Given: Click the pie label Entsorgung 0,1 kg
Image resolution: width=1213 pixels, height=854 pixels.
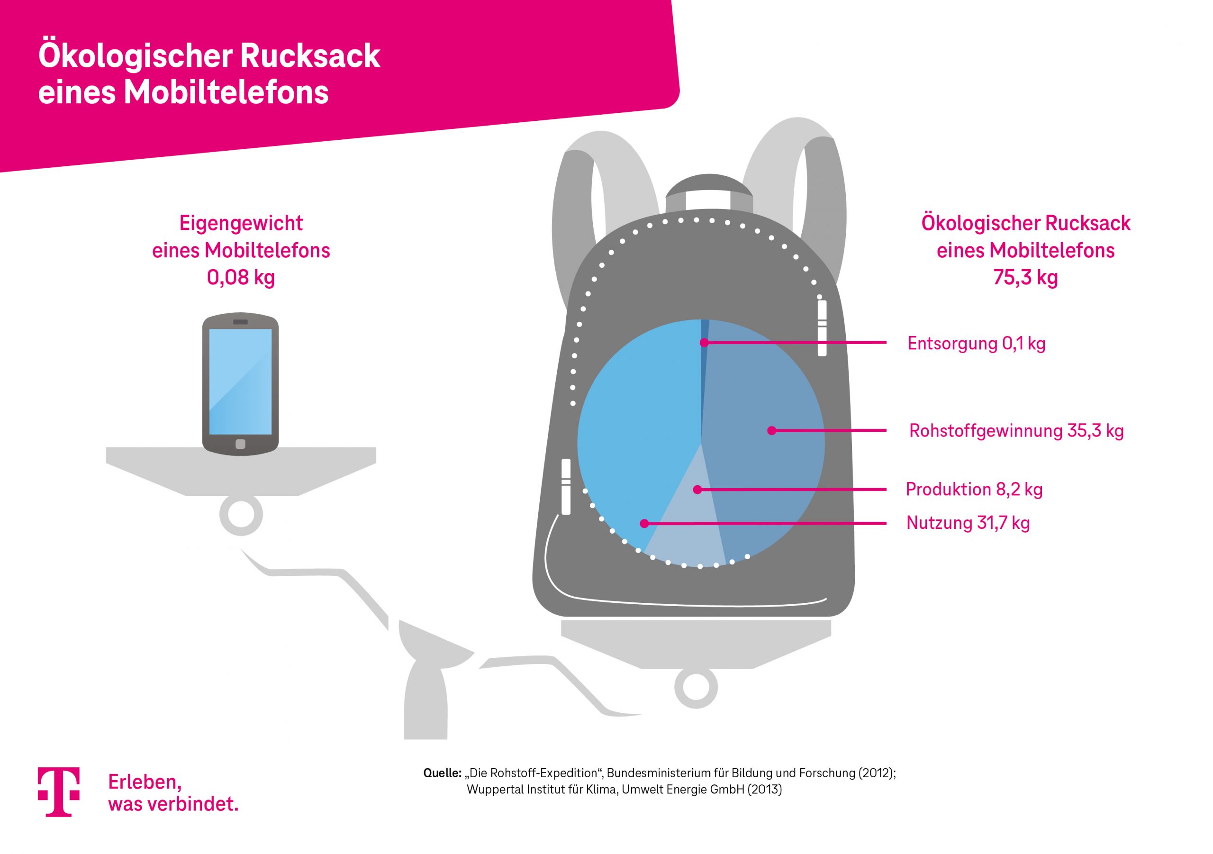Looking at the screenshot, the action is pyautogui.click(x=976, y=344).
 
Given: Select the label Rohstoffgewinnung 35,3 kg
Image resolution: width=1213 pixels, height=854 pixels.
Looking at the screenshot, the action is pyautogui.click(x=1016, y=431).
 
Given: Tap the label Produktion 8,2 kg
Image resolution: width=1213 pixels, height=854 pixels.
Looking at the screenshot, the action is pyautogui.click(x=974, y=490).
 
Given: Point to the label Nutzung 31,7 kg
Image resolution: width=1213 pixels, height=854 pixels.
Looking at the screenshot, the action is pyautogui.click(x=968, y=523).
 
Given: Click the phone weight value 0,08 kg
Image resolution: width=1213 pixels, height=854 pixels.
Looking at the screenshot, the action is pyautogui.click(x=241, y=277).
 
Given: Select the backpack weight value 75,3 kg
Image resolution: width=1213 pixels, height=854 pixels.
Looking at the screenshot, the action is pyautogui.click(x=1025, y=277).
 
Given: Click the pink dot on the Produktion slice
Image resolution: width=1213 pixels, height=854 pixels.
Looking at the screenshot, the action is pyautogui.click(x=697, y=490).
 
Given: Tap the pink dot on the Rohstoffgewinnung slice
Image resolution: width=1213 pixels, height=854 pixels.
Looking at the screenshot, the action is pyautogui.click(x=771, y=431).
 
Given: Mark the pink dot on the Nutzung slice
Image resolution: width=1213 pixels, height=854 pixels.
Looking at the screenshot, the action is pyautogui.click(x=644, y=524).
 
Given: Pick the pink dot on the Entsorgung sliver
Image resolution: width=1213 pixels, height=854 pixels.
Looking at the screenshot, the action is pyautogui.click(x=704, y=343).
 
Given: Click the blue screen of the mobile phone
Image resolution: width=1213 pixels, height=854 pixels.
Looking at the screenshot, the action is pyautogui.click(x=240, y=381).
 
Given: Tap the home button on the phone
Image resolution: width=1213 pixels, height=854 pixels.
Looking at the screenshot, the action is pyautogui.click(x=240, y=444).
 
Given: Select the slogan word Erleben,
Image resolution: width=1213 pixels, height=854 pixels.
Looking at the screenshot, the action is pyautogui.click(x=145, y=782).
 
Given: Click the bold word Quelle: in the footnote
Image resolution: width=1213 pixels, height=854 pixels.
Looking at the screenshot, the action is pyautogui.click(x=442, y=773).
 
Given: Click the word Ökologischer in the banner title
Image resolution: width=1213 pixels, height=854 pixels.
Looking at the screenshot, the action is pyautogui.click(x=128, y=55).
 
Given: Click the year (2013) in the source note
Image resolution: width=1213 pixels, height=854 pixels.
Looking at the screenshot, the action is pyautogui.click(x=764, y=790).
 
